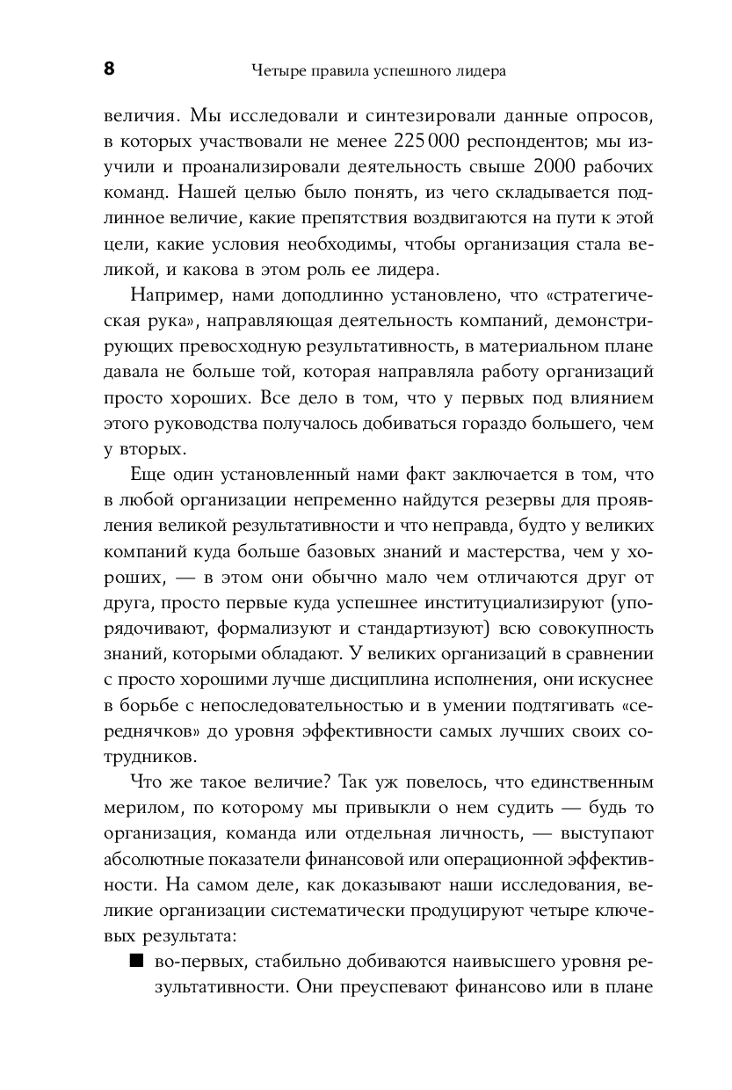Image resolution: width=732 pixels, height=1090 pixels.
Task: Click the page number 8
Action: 109,70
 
